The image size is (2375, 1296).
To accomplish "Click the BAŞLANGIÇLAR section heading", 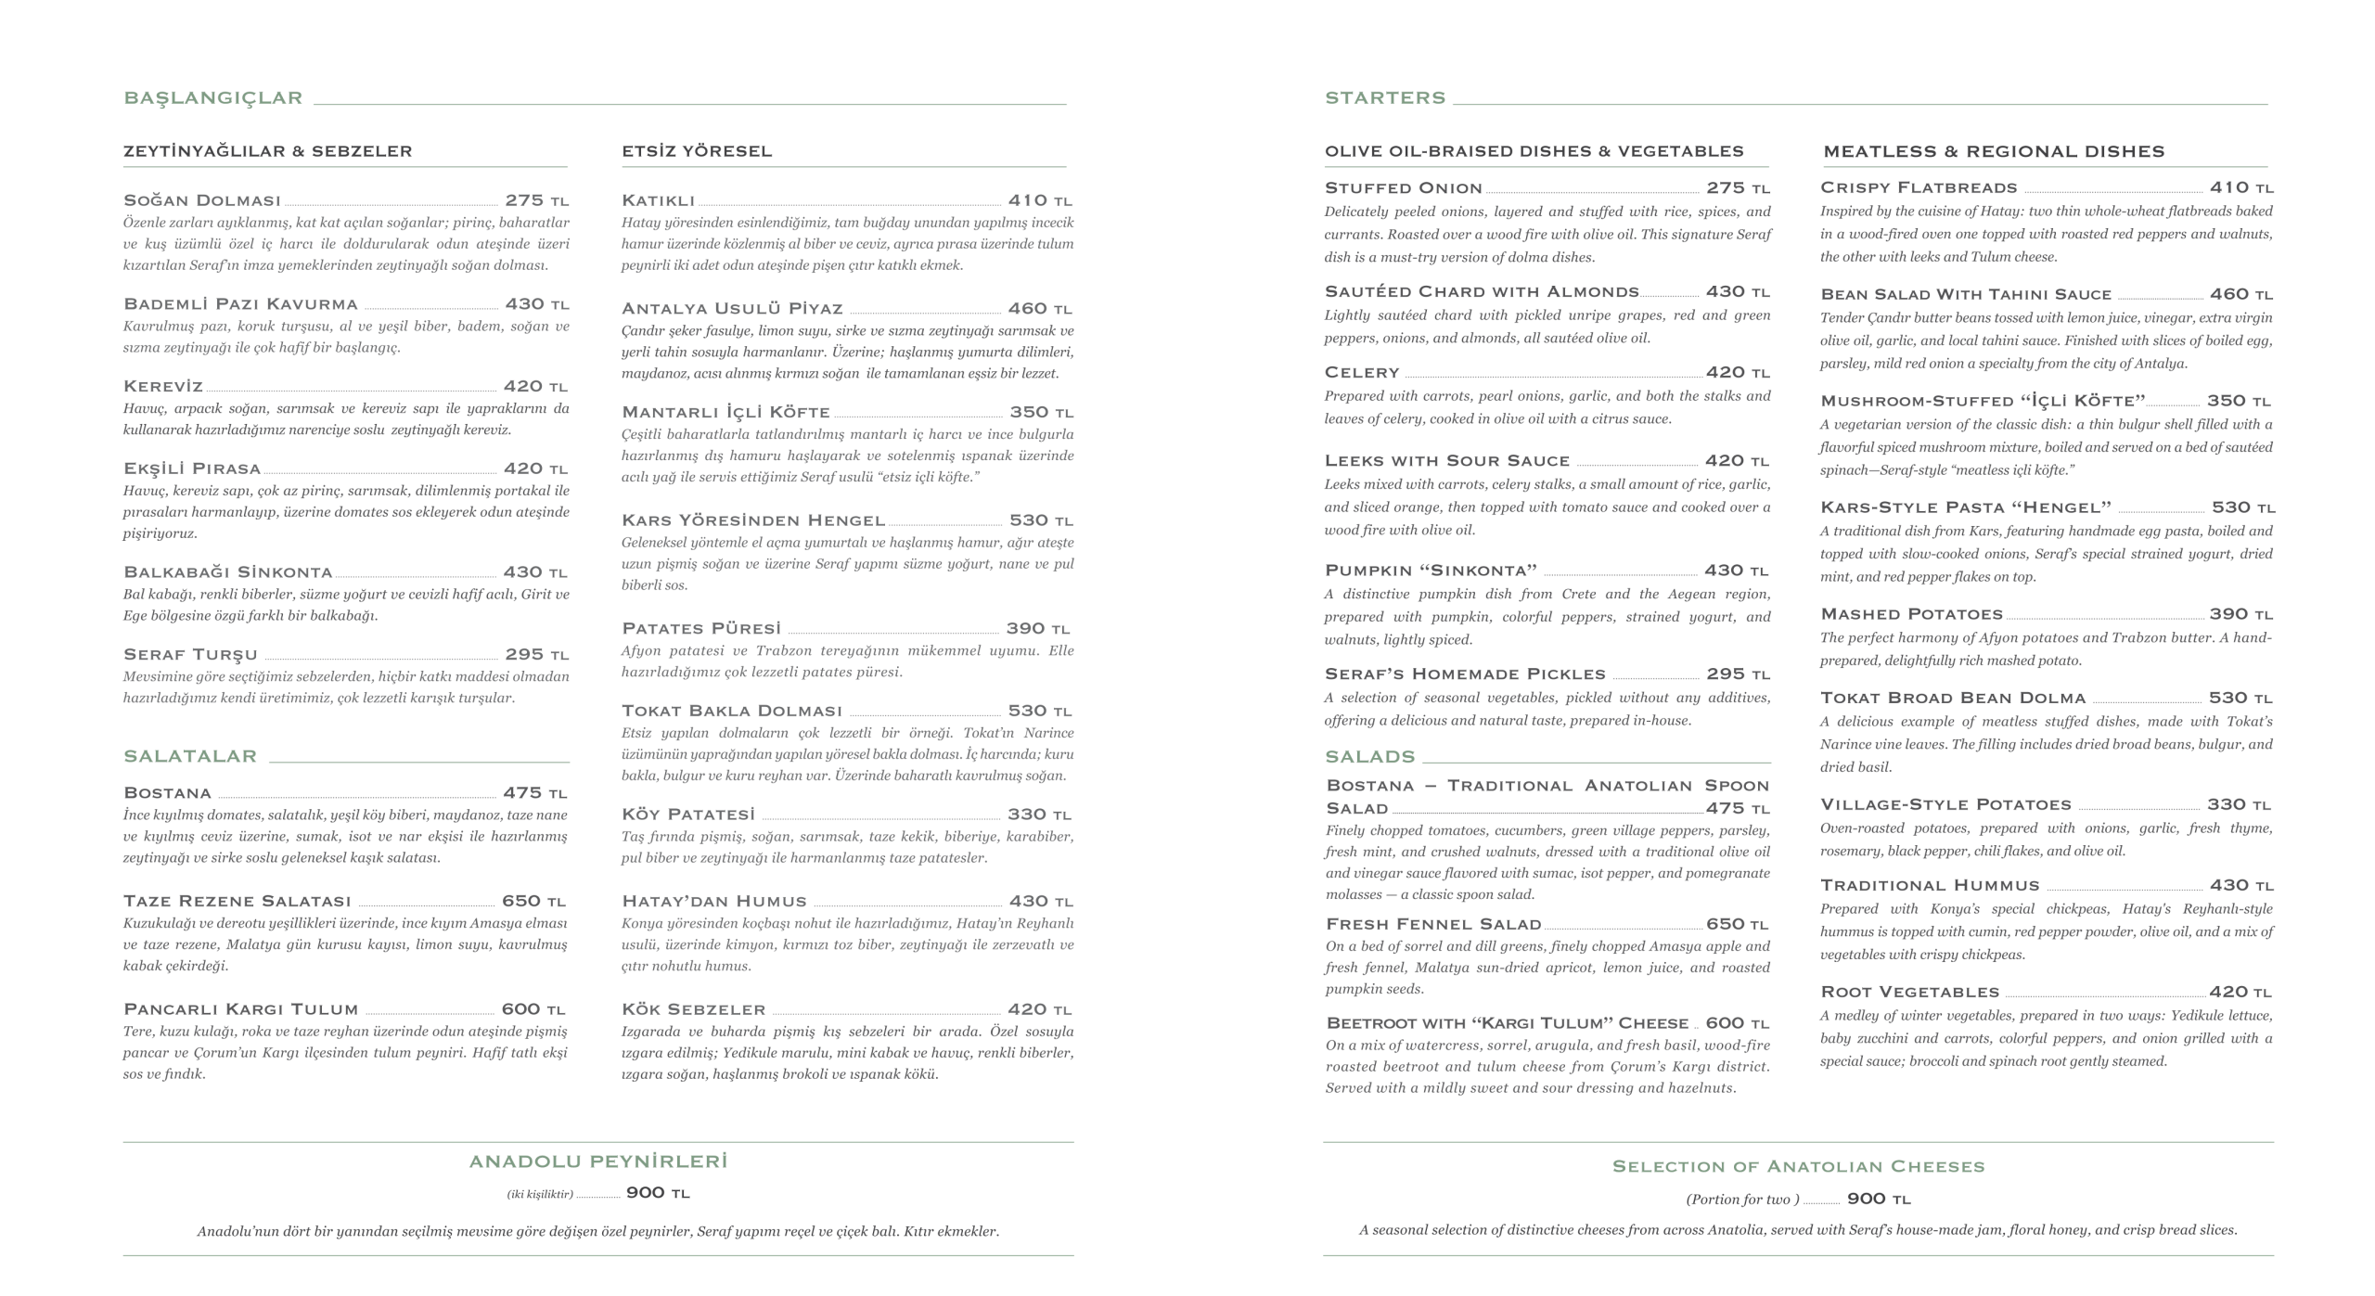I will pos(212,98).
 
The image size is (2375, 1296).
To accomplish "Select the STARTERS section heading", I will pos(1384,98).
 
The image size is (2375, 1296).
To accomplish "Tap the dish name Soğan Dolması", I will pos(201,200).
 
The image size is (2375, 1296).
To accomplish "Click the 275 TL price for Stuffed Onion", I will pos(1738,188).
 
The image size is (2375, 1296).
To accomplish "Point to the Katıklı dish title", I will pos(658,200).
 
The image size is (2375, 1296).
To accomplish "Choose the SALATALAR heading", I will pos(189,757).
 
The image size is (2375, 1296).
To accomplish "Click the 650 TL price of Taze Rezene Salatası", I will pos(533,902).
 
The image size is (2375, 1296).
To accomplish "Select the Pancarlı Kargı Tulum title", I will pos(240,1009).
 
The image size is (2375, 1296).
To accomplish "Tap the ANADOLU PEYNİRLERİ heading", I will pos(597,1161).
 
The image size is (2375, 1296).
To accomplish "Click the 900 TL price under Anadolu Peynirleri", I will pos(657,1193).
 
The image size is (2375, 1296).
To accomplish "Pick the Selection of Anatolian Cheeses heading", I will pos(1798,1166).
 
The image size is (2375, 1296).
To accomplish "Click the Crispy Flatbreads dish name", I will pos(1918,188).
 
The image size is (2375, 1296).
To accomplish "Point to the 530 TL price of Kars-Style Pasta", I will pos(2242,508).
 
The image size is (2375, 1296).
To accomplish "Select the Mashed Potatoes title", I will pos(1910,615).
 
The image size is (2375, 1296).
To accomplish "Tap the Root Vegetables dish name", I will pos(1908,993).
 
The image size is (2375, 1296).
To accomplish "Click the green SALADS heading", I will pos(1369,757).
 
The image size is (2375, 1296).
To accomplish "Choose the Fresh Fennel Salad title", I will pos(1432,925).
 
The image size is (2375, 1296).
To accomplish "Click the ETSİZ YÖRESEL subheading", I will pos(696,151).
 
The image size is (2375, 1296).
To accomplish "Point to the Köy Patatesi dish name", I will pos(687,815).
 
